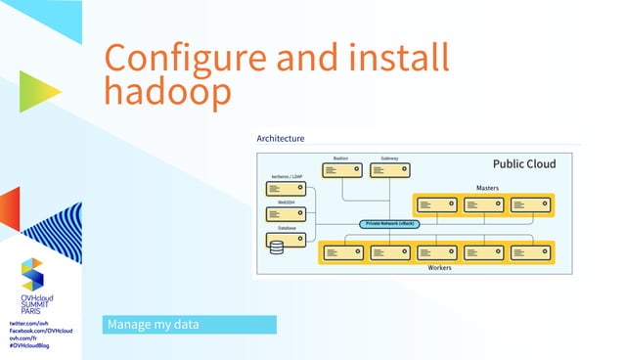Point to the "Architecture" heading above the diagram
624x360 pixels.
[281, 139]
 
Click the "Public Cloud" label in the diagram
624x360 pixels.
[523, 164]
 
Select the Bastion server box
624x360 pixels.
[341, 169]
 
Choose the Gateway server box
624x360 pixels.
[388, 169]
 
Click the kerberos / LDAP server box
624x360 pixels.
[285, 189]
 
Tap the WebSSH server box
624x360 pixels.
[285, 213]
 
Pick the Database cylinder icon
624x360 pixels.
[277, 246]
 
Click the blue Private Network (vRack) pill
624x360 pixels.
[390, 224]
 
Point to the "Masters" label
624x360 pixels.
[487, 186]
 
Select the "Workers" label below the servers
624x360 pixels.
[440, 268]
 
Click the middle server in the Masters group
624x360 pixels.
[484, 205]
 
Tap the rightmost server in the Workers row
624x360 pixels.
[530, 252]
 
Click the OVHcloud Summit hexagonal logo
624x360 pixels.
[32, 273]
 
